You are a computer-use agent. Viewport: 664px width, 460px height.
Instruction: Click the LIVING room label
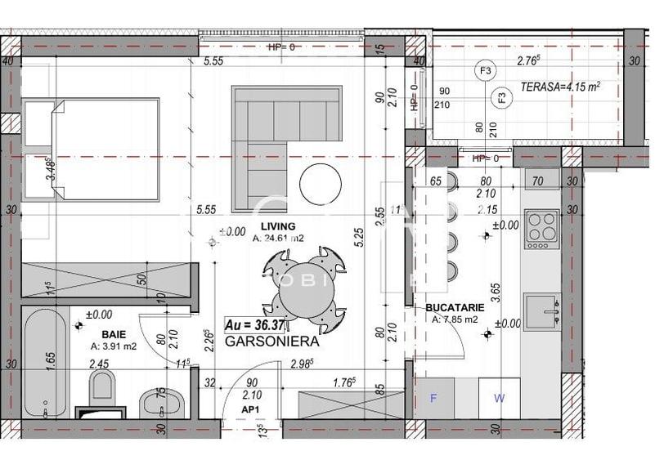[x=277, y=226]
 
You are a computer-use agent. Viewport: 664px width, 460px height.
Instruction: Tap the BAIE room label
[x=114, y=334]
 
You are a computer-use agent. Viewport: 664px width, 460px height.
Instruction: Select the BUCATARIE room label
[x=455, y=308]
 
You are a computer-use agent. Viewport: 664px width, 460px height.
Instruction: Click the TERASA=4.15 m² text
[x=561, y=86]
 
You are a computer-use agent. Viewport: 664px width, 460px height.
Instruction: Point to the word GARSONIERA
[x=271, y=343]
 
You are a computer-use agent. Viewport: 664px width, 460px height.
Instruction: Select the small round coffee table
[x=320, y=185]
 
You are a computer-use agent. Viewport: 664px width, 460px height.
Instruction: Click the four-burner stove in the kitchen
[x=541, y=229]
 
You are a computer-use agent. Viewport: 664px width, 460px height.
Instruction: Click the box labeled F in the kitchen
[x=434, y=399]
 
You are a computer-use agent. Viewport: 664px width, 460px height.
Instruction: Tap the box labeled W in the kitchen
[x=498, y=399]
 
